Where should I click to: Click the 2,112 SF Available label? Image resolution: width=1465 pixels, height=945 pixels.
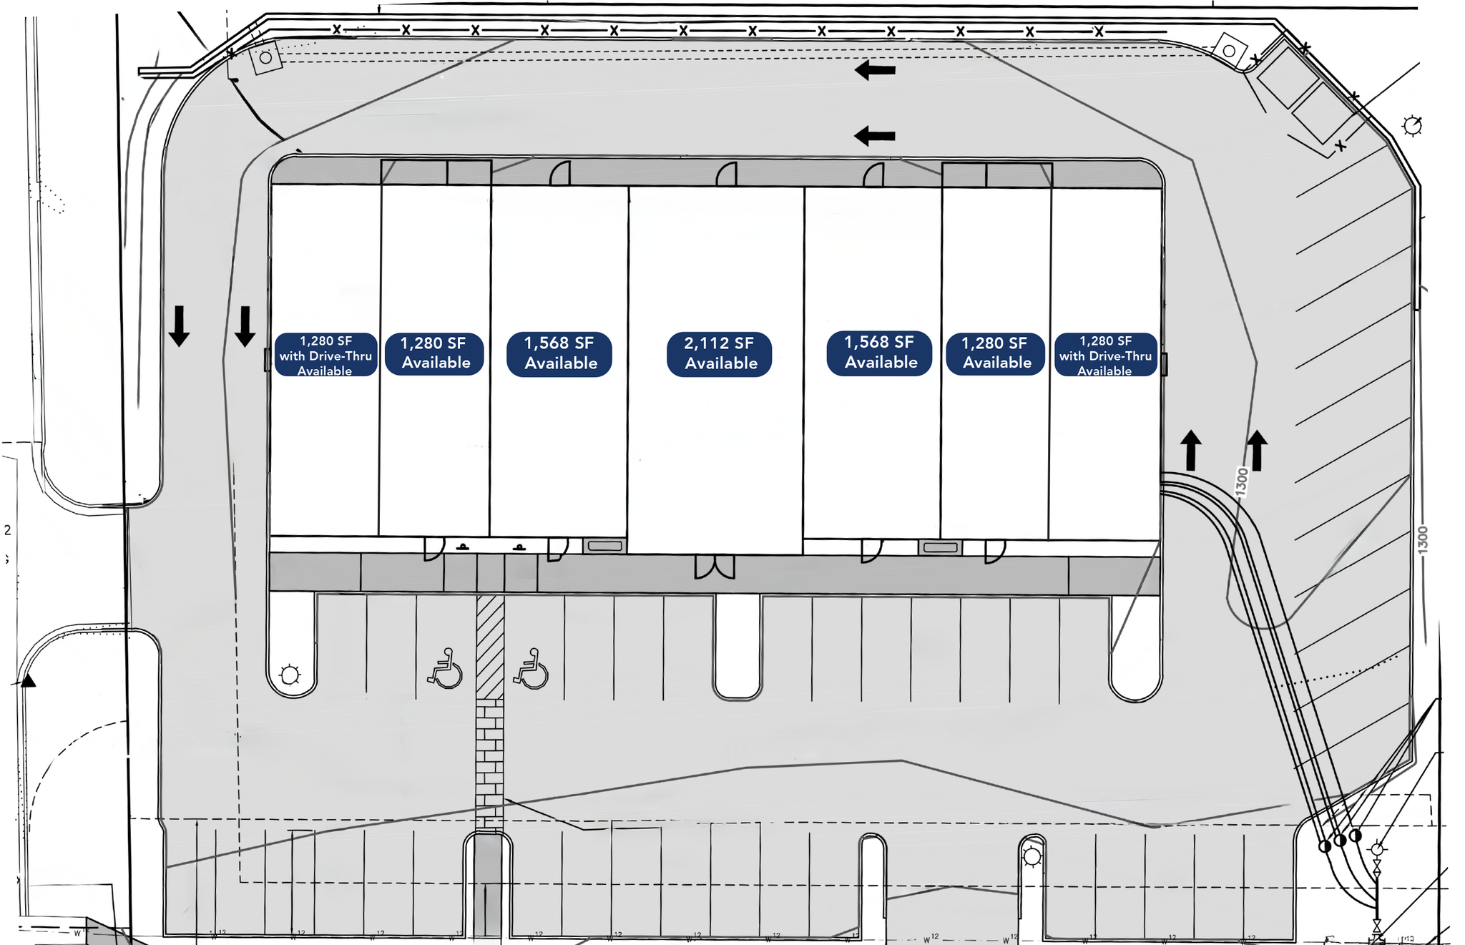[719, 353]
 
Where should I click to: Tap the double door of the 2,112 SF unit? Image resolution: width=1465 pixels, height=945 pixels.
[715, 566]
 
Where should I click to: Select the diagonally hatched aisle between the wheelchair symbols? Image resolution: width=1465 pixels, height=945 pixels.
[490, 646]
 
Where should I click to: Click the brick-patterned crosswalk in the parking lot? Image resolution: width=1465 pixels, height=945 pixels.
[490, 762]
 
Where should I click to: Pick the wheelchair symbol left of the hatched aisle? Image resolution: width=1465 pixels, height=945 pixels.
[446, 669]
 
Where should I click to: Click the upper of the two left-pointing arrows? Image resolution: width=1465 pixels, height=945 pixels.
[875, 70]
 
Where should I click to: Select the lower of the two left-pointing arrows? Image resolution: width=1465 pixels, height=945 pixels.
[875, 135]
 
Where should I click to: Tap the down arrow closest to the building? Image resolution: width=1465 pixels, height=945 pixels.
[245, 326]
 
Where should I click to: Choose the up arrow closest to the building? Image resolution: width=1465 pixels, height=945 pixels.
[1190, 450]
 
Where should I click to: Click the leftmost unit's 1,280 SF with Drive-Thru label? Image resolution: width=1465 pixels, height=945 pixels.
[325, 355]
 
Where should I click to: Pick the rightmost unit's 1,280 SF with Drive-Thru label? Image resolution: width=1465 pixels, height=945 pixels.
[1105, 355]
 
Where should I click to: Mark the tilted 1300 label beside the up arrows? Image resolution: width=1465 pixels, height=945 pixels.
[1242, 481]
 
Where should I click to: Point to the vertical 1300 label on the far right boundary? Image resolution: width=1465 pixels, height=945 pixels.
[1423, 539]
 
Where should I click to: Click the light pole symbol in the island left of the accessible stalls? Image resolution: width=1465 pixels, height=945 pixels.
[290, 675]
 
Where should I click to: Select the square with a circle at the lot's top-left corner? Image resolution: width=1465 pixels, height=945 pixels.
[266, 57]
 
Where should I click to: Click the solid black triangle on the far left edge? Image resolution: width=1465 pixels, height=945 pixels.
[28, 680]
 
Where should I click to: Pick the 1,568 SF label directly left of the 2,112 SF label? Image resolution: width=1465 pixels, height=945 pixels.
[559, 353]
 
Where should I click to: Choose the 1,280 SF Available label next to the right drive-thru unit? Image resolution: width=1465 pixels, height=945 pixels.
[995, 353]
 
